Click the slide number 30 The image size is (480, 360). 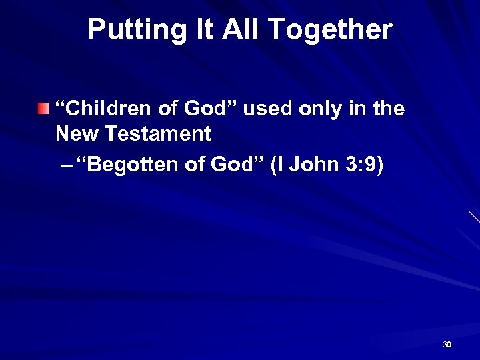[447, 345]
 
